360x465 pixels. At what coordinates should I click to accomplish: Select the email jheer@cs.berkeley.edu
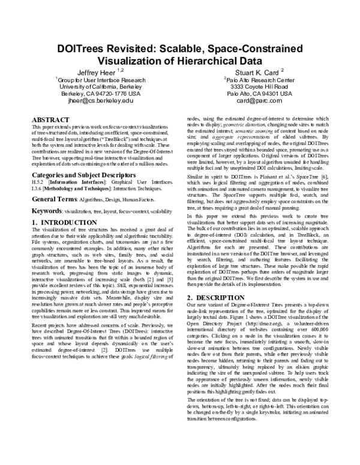click(101, 101)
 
